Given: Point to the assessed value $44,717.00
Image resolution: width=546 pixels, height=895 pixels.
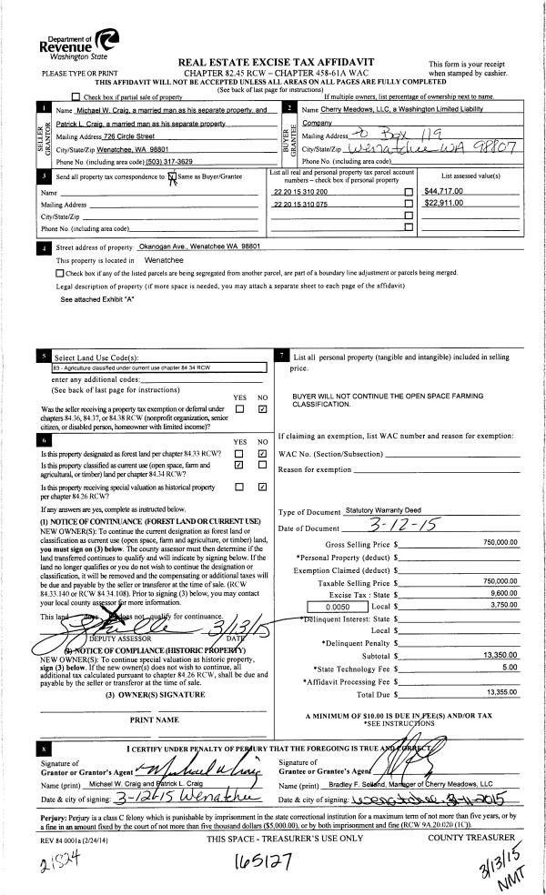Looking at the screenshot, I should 445,190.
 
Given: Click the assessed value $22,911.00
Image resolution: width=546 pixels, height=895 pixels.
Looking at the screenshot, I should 445,202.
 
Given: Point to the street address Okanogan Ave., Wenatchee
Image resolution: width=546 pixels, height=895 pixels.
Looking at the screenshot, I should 199,246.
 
